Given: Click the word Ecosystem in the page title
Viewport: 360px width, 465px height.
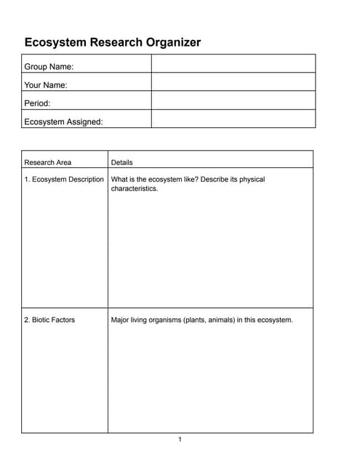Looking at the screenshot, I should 55,42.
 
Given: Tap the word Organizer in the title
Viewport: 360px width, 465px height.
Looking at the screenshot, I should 171,42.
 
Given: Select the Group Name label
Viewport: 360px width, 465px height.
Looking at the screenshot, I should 49,67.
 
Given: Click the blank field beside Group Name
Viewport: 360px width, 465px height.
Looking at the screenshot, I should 233,64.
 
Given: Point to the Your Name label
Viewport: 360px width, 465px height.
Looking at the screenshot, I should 46,85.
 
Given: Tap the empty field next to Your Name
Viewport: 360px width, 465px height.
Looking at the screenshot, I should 233,82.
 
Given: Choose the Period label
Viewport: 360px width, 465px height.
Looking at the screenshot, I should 37,103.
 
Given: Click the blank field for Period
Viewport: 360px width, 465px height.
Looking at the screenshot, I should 233,100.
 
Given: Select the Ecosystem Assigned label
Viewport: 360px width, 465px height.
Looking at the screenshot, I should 63,122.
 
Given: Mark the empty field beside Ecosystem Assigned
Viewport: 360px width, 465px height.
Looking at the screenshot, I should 233,119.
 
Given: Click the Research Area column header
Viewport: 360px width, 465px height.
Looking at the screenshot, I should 48,162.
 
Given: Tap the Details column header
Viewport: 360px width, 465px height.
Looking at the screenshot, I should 121,162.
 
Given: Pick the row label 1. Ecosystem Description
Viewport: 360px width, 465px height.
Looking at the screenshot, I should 64,179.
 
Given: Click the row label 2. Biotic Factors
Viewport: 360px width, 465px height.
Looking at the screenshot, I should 49,319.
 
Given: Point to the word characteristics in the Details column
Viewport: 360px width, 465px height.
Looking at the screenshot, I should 135,189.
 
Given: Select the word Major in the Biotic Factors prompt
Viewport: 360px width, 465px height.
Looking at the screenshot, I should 120,319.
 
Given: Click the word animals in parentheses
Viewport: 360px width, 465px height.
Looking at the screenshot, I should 219,319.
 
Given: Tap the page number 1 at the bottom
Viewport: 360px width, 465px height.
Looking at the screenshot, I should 180,439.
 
